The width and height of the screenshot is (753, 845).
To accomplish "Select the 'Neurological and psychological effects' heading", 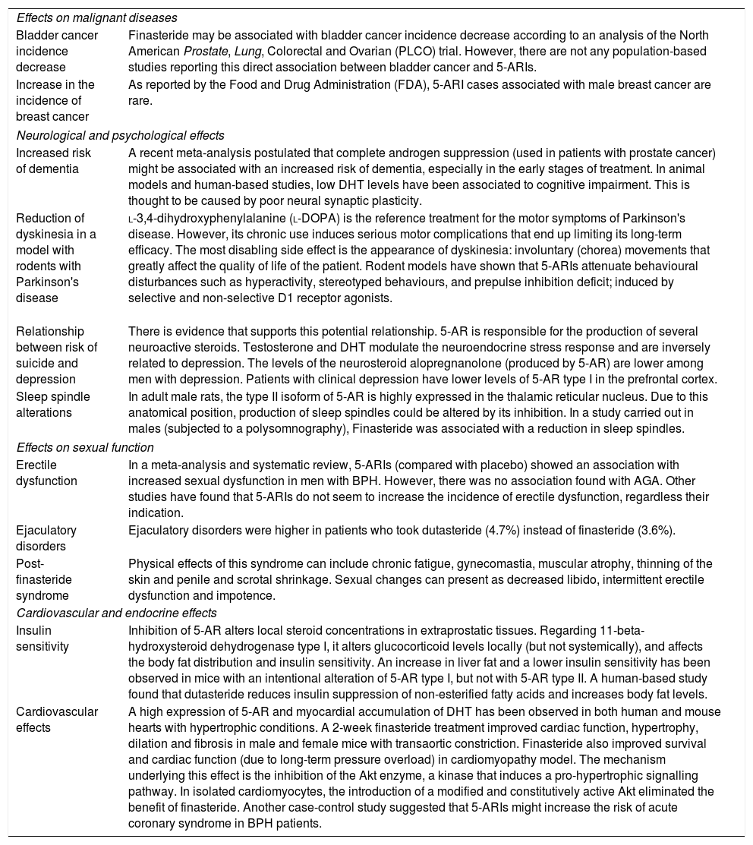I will [x=120, y=136].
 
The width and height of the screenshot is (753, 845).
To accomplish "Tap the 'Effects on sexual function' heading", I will [x=85, y=447].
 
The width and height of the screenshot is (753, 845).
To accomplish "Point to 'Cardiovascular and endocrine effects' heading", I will [x=116, y=613].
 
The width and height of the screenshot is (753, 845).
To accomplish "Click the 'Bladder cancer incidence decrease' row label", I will [x=54, y=51].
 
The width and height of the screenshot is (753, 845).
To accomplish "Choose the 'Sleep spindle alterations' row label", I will [x=53, y=405].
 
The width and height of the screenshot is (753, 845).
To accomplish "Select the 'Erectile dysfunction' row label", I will [x=47, y=473].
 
